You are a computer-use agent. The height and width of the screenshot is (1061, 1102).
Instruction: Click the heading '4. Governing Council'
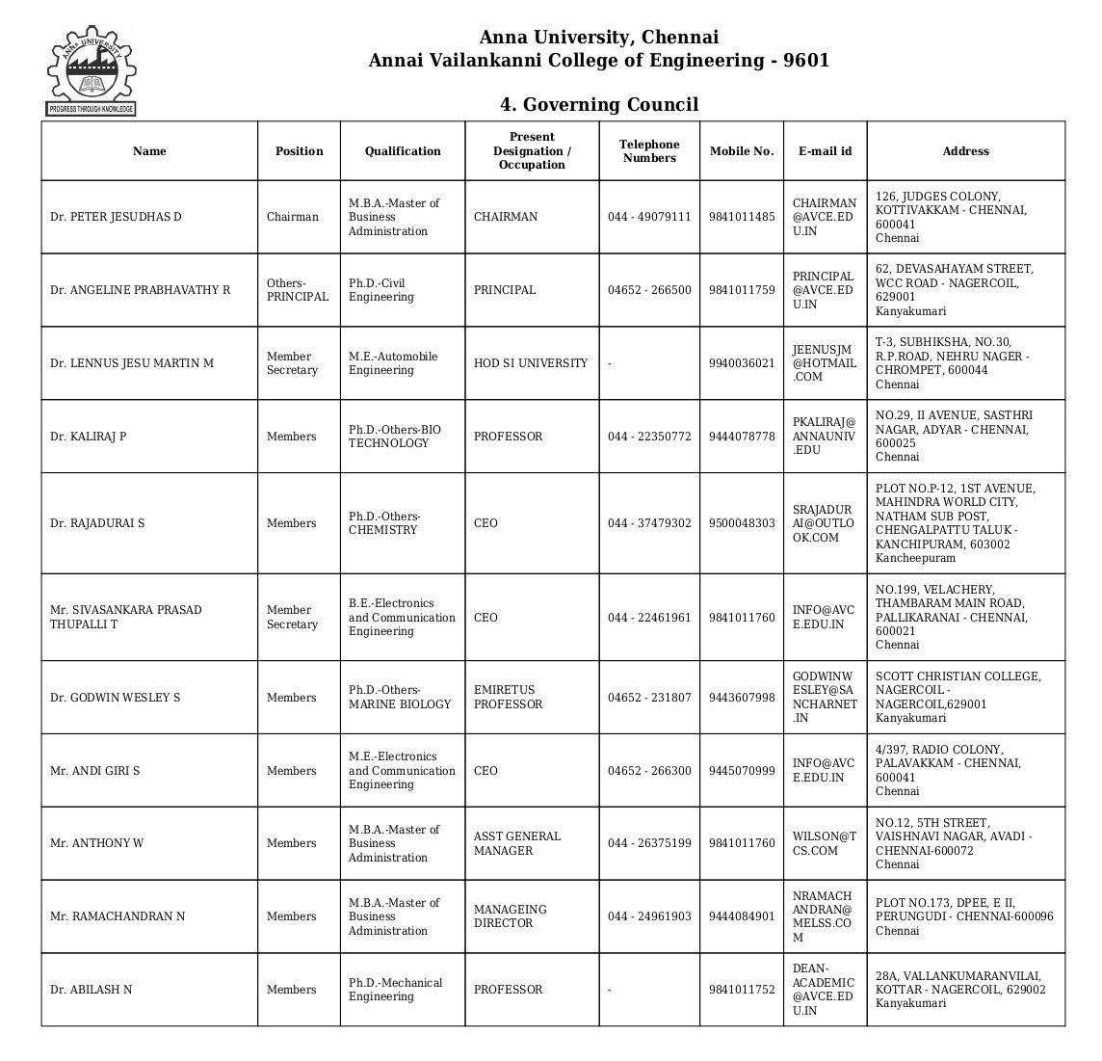click(598, 104)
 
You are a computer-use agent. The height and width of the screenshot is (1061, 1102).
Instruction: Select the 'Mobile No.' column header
click(741, 151)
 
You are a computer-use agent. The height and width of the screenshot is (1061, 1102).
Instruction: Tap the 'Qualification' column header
click(402, 151)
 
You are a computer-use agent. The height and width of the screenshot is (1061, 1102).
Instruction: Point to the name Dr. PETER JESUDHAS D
click(116, 217)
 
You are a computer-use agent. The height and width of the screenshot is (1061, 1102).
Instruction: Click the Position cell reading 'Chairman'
click(292, 217)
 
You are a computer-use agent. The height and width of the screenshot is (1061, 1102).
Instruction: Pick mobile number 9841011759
click(741, 290)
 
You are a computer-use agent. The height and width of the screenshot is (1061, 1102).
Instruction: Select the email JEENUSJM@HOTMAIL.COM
click(824, 363)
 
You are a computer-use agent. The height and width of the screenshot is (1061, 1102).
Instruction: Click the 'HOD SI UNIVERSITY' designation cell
click(530, 363)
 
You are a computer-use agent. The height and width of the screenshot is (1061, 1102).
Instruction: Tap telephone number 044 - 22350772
click(648, 437)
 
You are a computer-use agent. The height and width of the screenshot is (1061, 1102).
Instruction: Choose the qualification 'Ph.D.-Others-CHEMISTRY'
click(383, 523)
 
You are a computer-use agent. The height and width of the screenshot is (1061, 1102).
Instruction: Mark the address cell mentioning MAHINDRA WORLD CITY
click(955, 523)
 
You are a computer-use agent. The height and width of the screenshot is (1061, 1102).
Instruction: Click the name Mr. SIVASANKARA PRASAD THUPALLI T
click(125, 617)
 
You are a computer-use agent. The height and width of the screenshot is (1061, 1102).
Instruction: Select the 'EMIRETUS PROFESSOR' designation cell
click(508, 697)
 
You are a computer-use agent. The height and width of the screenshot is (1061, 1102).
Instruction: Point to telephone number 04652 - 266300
click(648, 771)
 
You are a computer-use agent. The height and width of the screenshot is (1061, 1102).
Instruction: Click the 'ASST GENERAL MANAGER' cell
click(516, 843)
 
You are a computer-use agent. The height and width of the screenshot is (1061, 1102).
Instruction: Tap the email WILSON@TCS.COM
click(824, 843)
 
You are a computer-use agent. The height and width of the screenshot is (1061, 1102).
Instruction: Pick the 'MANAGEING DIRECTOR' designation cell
click(510, 916)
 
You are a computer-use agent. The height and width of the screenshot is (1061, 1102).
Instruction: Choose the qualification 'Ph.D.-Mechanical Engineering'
click(395, 990)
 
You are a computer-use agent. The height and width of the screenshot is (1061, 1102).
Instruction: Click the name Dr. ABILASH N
click(91, 990)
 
